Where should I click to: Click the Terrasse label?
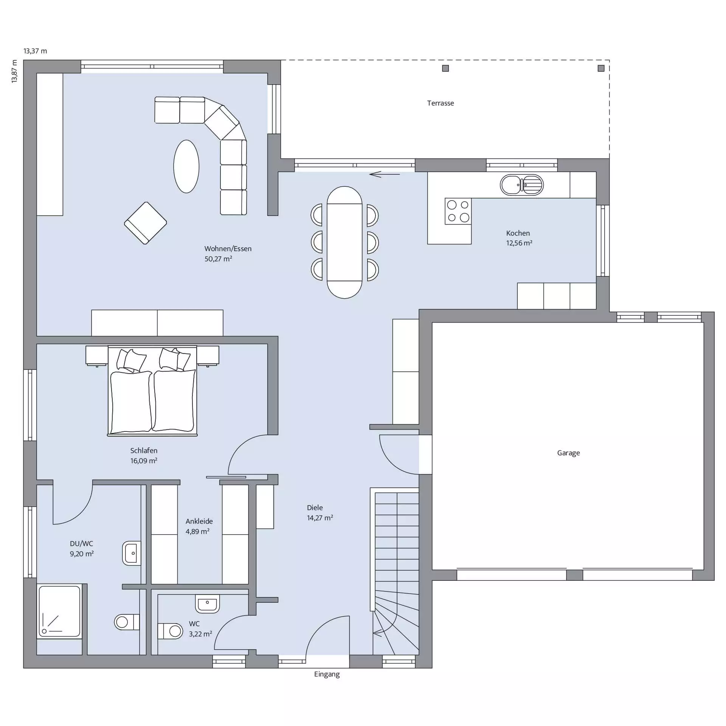coord(441,103)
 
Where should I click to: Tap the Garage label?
coord(568,453)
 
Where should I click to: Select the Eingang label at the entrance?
coord(327,674)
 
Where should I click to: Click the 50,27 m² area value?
coord(218,259)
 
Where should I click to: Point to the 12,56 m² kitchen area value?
coord(519,243)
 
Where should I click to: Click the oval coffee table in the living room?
coord(186,166)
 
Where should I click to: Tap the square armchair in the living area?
coord(146,223)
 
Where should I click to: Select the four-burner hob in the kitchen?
coord(458,211)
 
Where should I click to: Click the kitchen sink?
coord(522,185)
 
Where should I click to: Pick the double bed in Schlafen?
coord(152,391)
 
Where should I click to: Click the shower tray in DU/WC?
coord(60,611)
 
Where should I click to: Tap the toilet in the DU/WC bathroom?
coord(127,622)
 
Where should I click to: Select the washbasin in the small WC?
coord(207,604)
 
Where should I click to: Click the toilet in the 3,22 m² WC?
coord(170,631)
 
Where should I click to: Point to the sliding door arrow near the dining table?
coord(385,174)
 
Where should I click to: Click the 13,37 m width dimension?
coord(35,51)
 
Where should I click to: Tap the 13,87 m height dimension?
coord(14,71)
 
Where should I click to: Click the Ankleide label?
coord(199,521)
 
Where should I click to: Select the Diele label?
coord(315,507)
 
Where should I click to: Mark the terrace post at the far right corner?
coord(601,68)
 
